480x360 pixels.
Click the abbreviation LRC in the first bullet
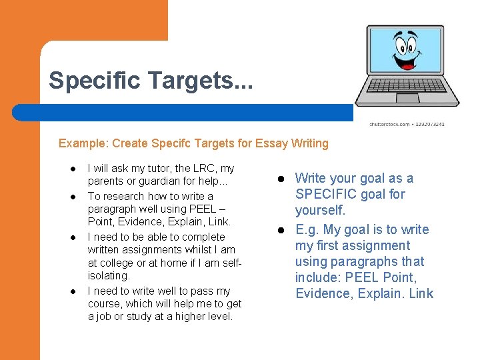click(x=204, y=169)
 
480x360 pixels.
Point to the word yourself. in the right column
click(x=320, y=210)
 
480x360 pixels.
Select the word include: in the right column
click(x=317, y=277)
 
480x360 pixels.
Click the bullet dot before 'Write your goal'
click(x=281, y=179)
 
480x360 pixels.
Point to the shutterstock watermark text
click(x=407, y=124)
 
